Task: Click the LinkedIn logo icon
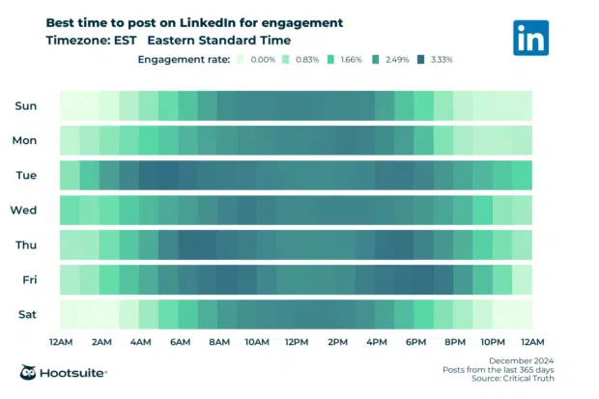533,39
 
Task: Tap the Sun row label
26,105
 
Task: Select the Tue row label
26,175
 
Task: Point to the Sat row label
26,314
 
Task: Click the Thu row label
26,244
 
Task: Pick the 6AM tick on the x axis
179,342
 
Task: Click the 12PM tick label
297,342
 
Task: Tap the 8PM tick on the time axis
454,342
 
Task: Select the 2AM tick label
100,342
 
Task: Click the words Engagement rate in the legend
184,60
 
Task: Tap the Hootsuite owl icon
30,373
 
